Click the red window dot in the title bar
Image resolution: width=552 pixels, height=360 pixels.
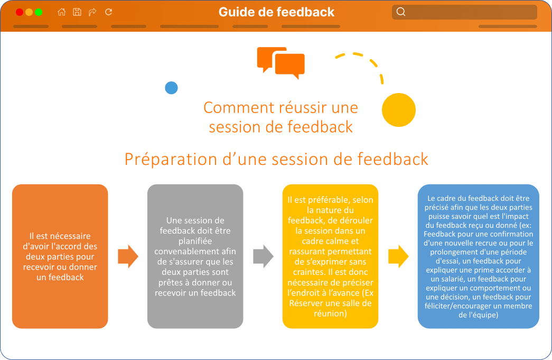click(x=20, y=12)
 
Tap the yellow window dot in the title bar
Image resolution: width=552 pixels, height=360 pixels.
click(x=29, y=12)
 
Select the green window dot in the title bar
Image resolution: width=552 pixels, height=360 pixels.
click(x=39, y=12)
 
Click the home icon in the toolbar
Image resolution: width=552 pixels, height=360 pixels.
click(x=62, y=12)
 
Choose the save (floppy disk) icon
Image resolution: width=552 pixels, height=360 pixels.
click(x=77, y=12)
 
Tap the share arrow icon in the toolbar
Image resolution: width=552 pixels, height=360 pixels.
click(x=92, y=12)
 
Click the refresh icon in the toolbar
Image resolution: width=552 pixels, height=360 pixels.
click(x=108, y=12)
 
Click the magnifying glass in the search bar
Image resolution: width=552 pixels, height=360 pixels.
click(x=401, y=12)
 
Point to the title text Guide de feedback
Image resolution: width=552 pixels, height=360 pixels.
click(x=276, y=12)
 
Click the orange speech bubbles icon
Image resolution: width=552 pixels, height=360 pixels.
click(x=281, y=63)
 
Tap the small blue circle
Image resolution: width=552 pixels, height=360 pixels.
click(x=172, y=88)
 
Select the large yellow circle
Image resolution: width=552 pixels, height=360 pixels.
click(x=399, y=110)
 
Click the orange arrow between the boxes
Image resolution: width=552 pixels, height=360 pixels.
click(x=128, y=256)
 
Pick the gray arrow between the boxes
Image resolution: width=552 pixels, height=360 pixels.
click(x=264, y=256)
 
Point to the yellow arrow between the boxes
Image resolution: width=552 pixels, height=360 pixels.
click(x=398, y=256)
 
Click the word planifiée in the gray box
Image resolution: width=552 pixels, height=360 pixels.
click(x=195, y=241)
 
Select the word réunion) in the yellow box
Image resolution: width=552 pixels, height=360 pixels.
click(x=330, y=313)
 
